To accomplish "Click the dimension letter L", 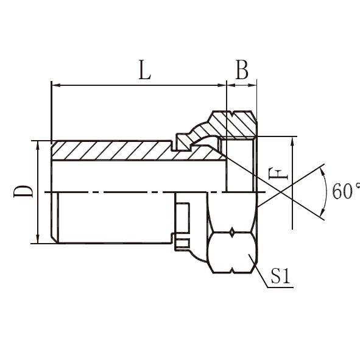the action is point(144,69).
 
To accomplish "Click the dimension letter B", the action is point(242,69).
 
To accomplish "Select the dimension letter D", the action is point(23,191).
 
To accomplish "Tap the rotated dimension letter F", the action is point(278,174).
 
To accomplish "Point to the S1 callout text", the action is point(280,275).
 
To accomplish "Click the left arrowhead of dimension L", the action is point(57,85).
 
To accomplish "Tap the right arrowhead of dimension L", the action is point(222,85).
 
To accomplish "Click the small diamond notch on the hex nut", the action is point(232,233).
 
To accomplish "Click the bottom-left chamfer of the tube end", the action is point(54,239).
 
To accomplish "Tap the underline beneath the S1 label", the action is point(280,287).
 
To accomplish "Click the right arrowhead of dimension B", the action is point(252,85).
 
